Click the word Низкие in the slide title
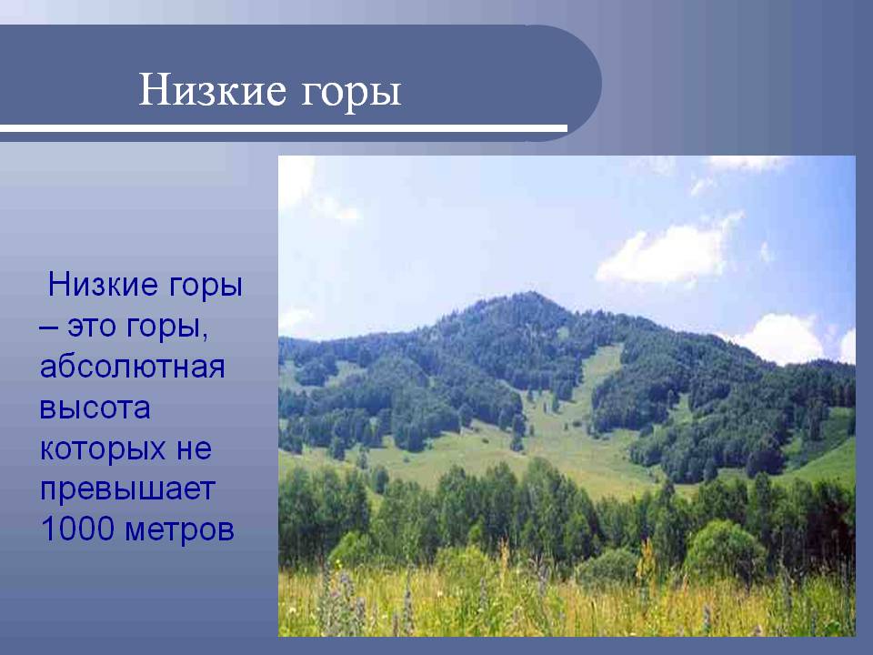coord(213,90)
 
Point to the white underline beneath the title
coord(284,128)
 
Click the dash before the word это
coord(48,327)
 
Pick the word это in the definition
coord(93,327)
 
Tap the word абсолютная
coord(133,367)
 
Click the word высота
coord(95,408)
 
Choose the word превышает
coord(127,490)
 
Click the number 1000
coord(77,529)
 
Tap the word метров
coord(179,530)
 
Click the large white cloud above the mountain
coord(666,254)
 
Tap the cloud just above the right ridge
coord(782,338)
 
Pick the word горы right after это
coord(162,328)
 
